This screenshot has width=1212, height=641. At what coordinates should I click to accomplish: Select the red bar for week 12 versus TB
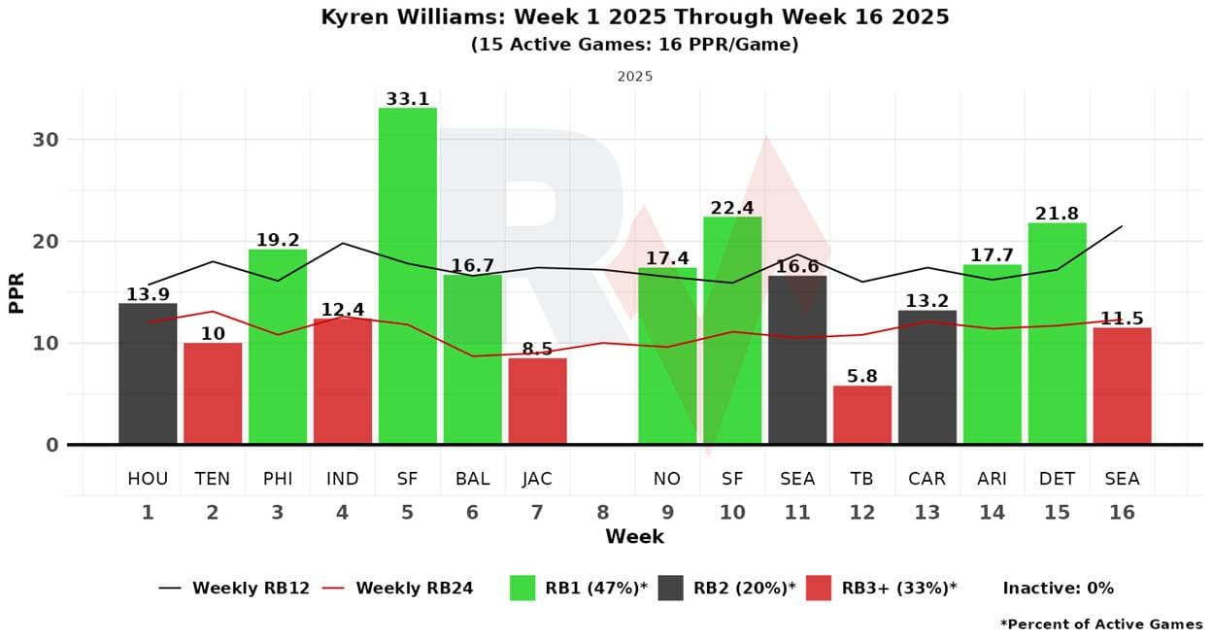coord(861,415)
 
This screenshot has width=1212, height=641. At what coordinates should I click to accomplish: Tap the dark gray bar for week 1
coord(148,374)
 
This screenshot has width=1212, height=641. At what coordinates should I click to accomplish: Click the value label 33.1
coord(407,98)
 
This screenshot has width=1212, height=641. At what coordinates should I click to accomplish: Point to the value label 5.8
coord(861,376)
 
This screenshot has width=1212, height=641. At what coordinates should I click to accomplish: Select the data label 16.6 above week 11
coord(796,266)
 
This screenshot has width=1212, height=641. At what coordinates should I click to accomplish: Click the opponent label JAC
coord(537,479)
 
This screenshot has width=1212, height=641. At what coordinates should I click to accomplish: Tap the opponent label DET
coord(1057,479)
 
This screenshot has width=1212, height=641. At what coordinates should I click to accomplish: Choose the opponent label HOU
coord(148,479)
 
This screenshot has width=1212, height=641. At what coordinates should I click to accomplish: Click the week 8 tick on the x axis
coord(602,512)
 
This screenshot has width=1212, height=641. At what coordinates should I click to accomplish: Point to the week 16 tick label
coord(1122,512)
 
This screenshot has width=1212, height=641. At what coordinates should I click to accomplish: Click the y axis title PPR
coord(17,290)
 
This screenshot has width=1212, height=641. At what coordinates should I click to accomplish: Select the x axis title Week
coord(634,537)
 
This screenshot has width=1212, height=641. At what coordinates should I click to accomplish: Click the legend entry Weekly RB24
coord(414,588)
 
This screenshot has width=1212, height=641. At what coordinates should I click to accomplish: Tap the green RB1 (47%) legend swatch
coord(522,588)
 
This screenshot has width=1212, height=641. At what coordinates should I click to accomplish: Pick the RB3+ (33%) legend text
coord(899,588)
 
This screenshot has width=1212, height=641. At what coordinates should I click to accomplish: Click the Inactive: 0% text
coord(1058,588)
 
